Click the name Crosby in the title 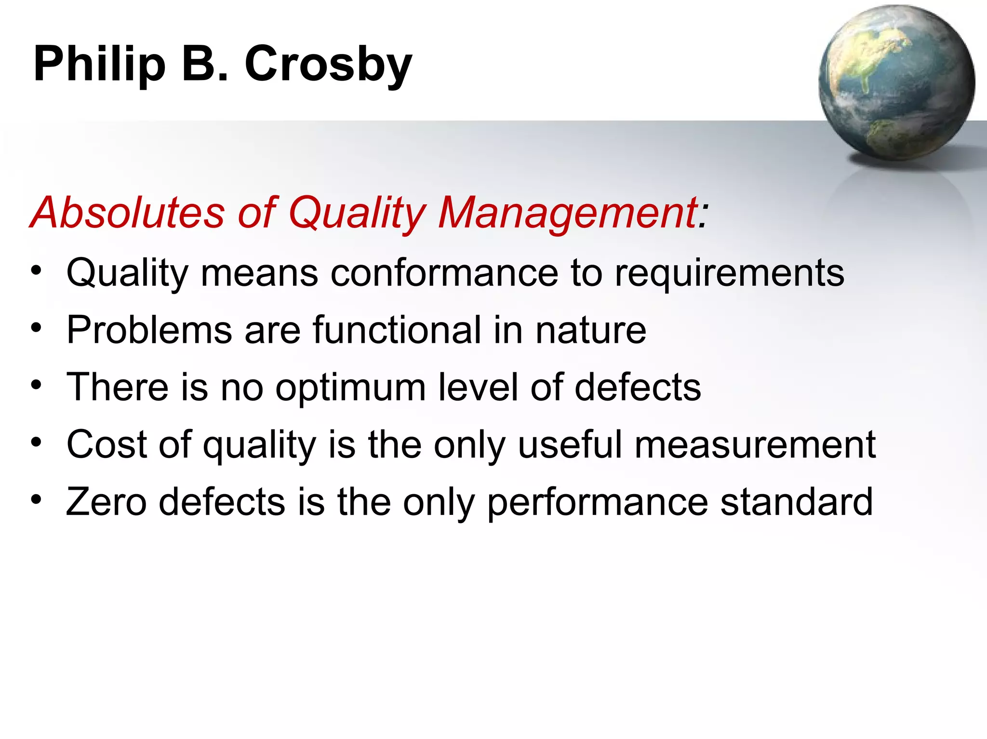click(x=328, y=65)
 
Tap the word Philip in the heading click(x=99, y=65)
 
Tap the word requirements click(x=730, y=273)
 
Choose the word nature click(x=591, y=330)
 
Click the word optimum click(x=350, y=387)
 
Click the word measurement click(x=755, y=444)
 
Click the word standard click(x=796, y=502)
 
